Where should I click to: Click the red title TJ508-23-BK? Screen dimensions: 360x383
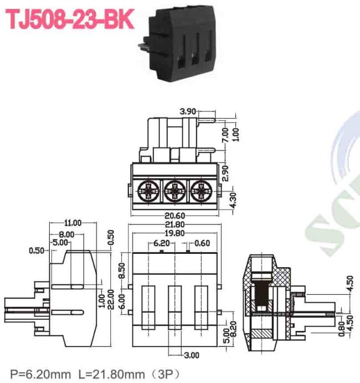point(70,19)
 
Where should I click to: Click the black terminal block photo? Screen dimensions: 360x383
point(177,43)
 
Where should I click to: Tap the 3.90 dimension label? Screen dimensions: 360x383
point(188,111)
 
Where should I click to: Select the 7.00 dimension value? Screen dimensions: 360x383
point(225,135)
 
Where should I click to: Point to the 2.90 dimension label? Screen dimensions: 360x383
point(225,173)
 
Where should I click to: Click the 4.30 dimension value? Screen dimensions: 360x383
point(233,200)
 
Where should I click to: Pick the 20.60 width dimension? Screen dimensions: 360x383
point(175,216)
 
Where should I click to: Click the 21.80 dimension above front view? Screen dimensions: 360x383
point(175,224)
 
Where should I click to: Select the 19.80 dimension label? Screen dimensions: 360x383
point(175,233)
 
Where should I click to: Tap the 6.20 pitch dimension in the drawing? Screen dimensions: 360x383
point(162,243)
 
